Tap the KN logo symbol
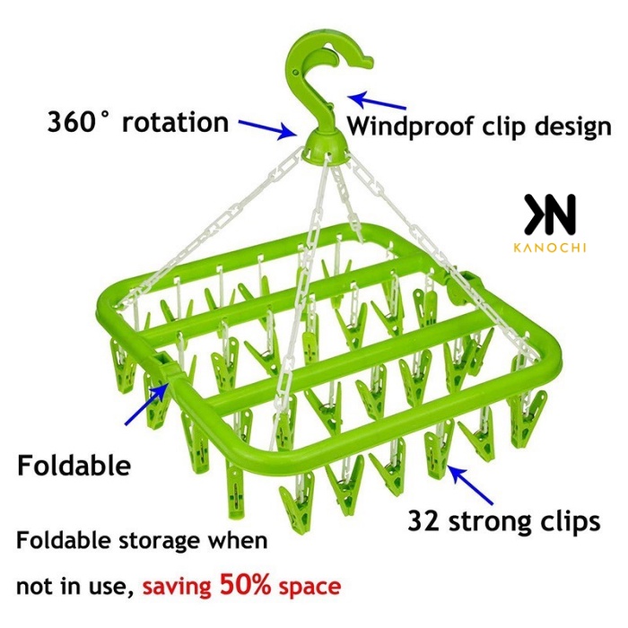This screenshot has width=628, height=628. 550,214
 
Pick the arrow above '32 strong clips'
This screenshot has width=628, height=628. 471,482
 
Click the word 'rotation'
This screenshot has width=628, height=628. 176,123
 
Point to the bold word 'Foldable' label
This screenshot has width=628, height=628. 74,466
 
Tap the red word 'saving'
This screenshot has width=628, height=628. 178,589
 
